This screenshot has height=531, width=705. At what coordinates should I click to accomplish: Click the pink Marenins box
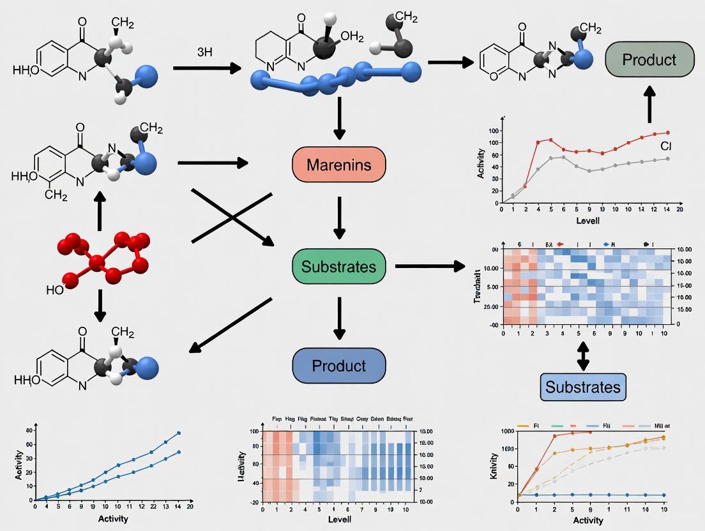[339, 165]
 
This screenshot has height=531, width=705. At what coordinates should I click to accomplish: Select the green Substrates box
[339, 266]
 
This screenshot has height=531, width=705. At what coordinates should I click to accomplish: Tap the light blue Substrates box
[582, 387]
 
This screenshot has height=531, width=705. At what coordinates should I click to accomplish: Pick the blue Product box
[339, 366]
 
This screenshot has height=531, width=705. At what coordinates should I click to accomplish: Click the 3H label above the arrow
[204, 52]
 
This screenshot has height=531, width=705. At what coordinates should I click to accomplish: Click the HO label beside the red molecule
[55, 290]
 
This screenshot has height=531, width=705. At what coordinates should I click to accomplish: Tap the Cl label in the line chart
[665, 146]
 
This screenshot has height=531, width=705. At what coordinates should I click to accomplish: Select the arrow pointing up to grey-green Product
[649, 104]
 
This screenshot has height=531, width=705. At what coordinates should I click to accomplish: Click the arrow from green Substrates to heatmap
[430, 265]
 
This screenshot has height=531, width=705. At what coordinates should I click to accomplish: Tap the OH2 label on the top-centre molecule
[352, 36]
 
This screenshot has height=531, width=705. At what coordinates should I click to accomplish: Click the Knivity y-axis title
[494, 465]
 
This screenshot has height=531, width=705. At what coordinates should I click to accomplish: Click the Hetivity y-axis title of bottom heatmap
[241, 465]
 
